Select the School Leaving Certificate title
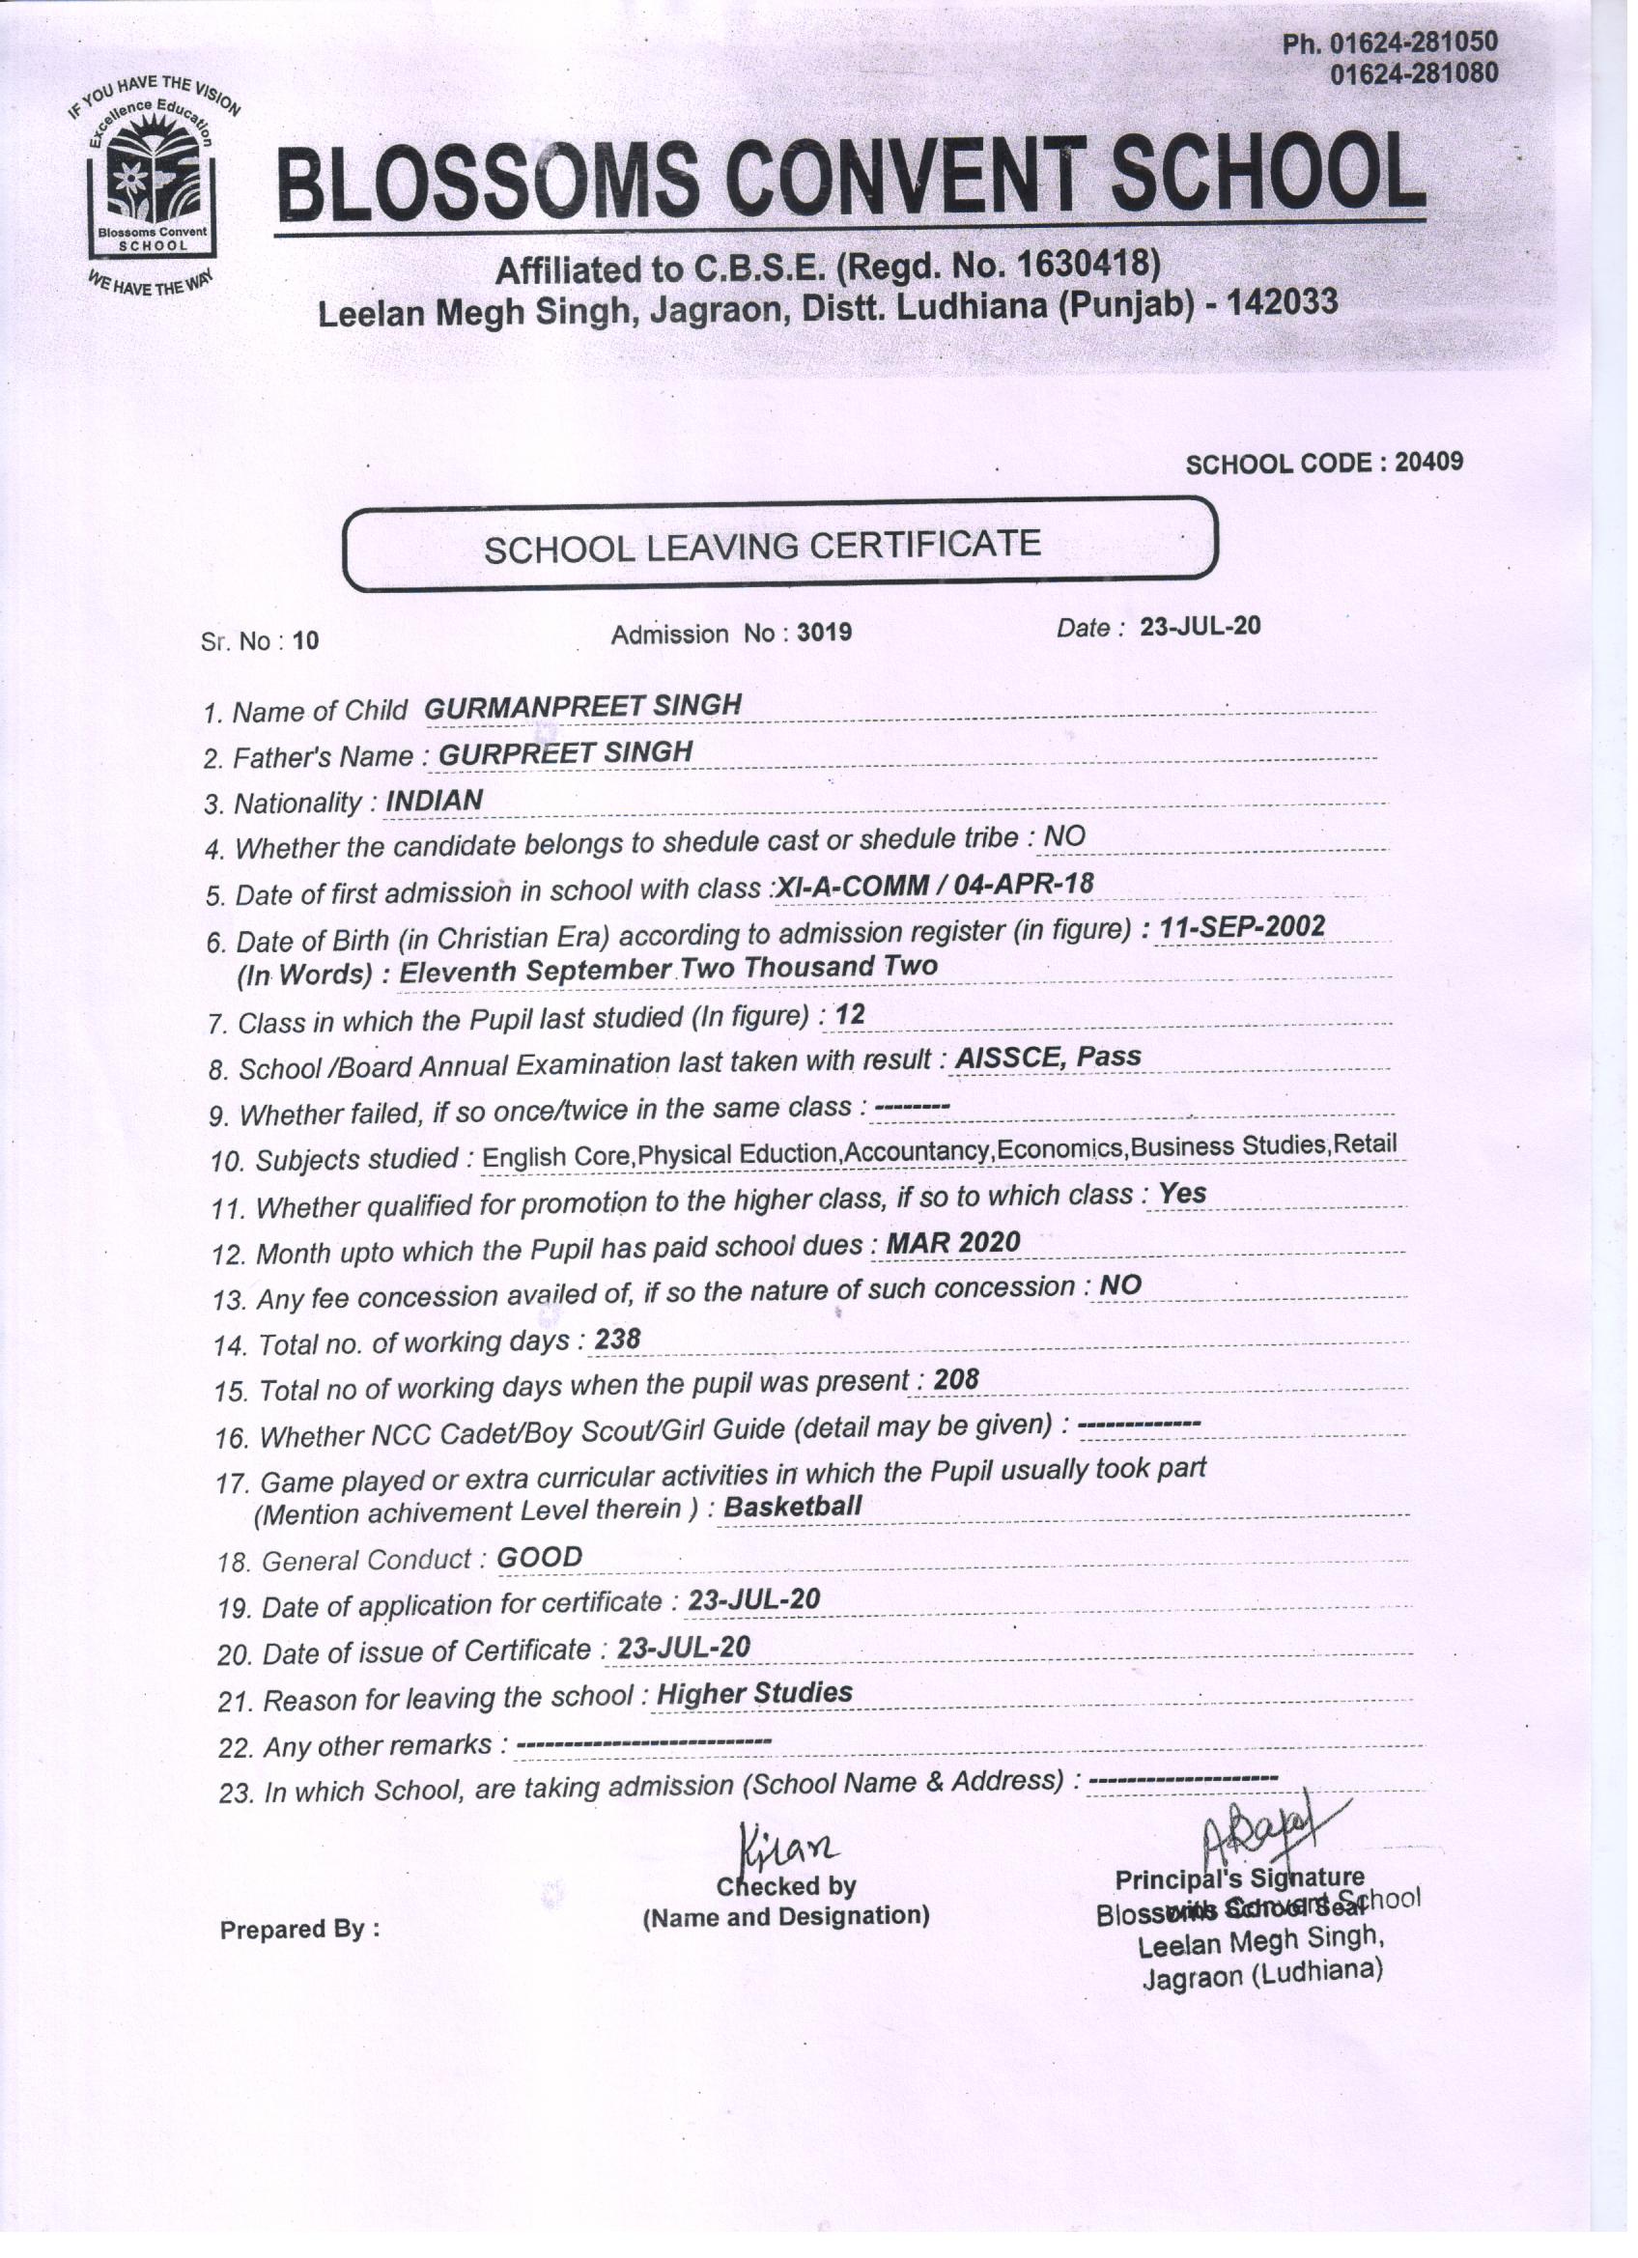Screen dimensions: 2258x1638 click(x=762, y=546)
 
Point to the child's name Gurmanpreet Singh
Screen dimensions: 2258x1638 click(x=582, y=706)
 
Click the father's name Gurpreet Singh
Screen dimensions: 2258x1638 click(x=565, y=752)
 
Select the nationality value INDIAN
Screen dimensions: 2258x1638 click(x=435, y=800)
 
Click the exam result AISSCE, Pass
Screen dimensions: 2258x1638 click(x=1047, y=1057)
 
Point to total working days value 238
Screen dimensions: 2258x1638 click(x=617, y=1340)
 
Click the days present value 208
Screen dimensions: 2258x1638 click(x=956, y=1379)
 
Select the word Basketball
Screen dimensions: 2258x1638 click(x=793, y=1507)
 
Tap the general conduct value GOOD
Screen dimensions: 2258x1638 click(x=539, y=1557)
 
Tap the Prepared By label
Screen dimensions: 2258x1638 click(x=298, y=1929)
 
